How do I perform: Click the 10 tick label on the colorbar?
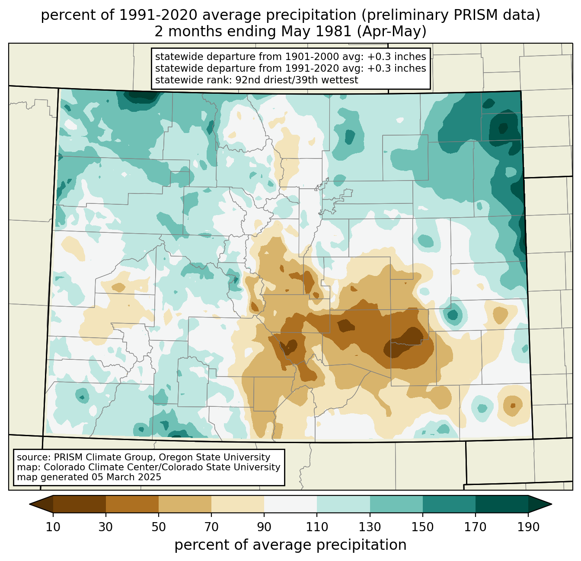click(53, 527)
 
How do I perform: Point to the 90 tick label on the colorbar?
click(264, 527)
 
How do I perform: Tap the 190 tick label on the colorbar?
click(528, 527)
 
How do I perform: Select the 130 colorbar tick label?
click(370, 527)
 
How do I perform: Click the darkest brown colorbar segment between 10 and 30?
click(80, 504)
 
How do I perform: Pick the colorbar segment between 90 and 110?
click(290, 504)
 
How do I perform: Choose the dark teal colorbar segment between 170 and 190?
click(501, 504)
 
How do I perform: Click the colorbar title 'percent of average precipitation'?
click(290, 545)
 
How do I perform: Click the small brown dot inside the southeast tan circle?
click(513, 406)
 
